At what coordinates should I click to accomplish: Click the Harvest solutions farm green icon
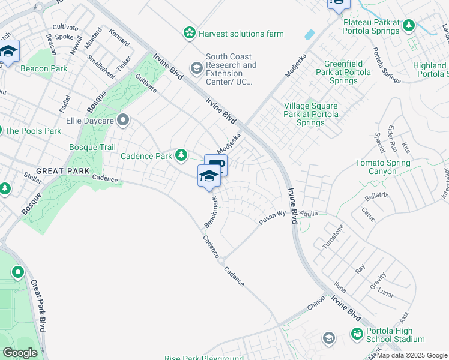[190, 33]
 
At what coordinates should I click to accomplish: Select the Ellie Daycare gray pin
[124, 120]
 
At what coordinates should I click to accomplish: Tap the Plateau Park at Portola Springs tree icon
[409, 25]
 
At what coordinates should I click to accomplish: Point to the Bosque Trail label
[92, 147]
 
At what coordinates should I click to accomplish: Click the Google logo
[20, 353]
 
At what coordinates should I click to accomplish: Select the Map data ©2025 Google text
[411, 355]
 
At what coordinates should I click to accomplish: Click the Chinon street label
[316, 305]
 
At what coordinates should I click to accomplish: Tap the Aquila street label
[310, 214]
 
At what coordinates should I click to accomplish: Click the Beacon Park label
[44, 69]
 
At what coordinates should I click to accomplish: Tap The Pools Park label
[33, 130]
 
